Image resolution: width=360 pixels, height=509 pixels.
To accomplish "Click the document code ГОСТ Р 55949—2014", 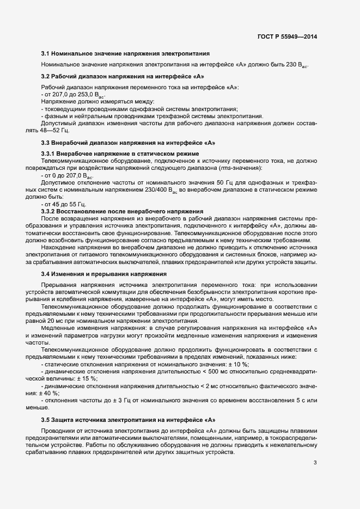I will (287, 36).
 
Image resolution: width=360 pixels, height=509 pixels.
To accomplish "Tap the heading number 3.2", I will (46, 76).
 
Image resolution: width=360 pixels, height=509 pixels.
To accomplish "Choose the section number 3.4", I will (46, 273).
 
